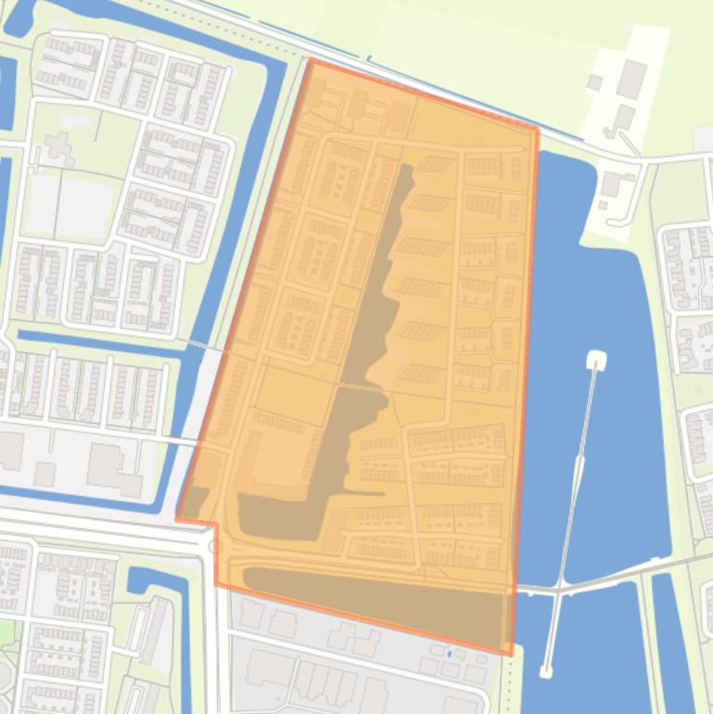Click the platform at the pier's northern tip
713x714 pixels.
click(x=595, y=359)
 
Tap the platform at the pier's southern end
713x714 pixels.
click(x=547, y=669)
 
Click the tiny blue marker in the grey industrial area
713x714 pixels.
click(x=449, y=654)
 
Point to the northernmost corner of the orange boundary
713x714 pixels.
click(x=310, y=60)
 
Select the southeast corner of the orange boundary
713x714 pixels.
click(x=510, y=655)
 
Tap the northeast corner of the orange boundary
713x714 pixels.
click(x=538, y=129)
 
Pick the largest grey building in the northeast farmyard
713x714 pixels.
click(x=632, y=79)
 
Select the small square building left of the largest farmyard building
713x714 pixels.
click(x=594, y=83)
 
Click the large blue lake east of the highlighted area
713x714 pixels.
click(x=603, y=278)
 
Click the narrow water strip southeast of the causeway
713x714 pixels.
click(x=672, y=640)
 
